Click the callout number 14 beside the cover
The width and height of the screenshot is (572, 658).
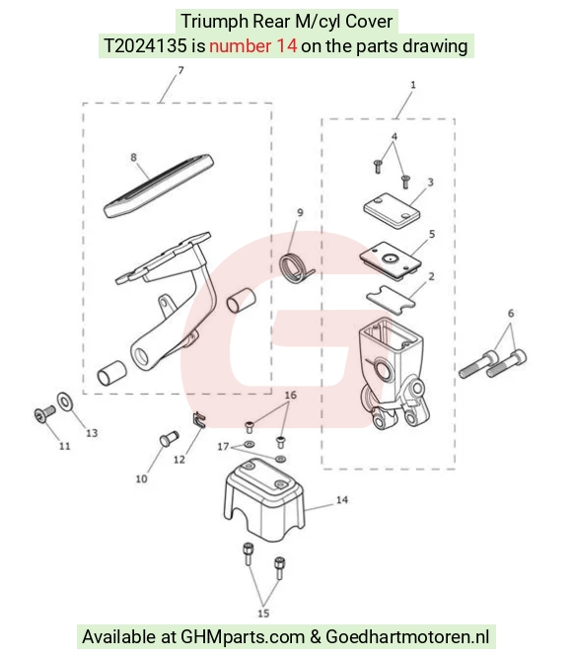coord(342,499)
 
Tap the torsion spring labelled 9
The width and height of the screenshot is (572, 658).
coord(295,267)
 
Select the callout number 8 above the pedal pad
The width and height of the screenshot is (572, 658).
coord(133,157)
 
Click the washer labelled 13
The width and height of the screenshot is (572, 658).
coord(64,402)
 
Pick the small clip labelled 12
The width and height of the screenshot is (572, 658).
coord(200,420)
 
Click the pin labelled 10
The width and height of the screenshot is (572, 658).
coord(169,439)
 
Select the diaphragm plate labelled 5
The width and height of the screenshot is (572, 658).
coord(391,259)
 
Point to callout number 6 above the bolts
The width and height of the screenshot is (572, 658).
coord(511,313)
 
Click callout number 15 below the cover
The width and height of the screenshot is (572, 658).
coord(263,613)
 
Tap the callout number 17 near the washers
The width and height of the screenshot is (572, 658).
coord(223,447)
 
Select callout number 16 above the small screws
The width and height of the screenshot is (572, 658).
coord(290,395)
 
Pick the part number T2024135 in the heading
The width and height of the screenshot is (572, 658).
coord(145,45)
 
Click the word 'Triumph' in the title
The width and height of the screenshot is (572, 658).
coord(214,22)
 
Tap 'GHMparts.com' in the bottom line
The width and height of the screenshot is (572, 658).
coord(243,637)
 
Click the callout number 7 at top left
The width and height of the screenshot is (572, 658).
coord(180,70)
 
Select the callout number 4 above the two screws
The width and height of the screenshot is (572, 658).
coord(394,136)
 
